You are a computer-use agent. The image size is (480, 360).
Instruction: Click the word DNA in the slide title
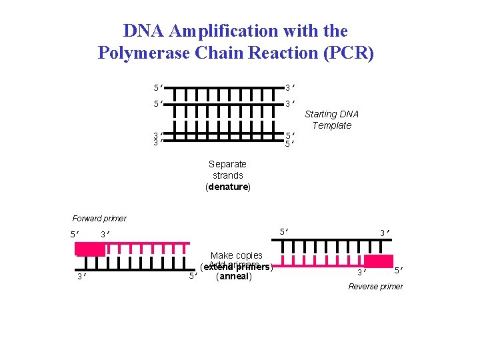[x=145, y=31]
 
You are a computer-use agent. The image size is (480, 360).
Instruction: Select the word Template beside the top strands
[x=331, y=125]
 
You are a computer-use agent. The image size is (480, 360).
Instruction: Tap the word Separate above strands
[x=227, y=164]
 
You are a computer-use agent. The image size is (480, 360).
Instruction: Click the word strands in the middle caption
[x=227, y=175]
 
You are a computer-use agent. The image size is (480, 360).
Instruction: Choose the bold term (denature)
[x=227, y=187]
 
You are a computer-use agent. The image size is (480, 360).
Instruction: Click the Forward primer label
[x=99, y=219]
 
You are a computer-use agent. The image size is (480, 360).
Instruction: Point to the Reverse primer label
[x=375, y=287]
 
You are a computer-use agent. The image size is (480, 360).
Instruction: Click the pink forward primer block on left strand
[x=90, y=249]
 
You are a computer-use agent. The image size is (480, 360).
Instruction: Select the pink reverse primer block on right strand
[x=378, y=261]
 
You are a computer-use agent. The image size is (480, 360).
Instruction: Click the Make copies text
[x=236, y=255]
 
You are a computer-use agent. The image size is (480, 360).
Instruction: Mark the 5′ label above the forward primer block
[x=76, y=235]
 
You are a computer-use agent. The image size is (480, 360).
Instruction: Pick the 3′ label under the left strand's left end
[x=79, y=277]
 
